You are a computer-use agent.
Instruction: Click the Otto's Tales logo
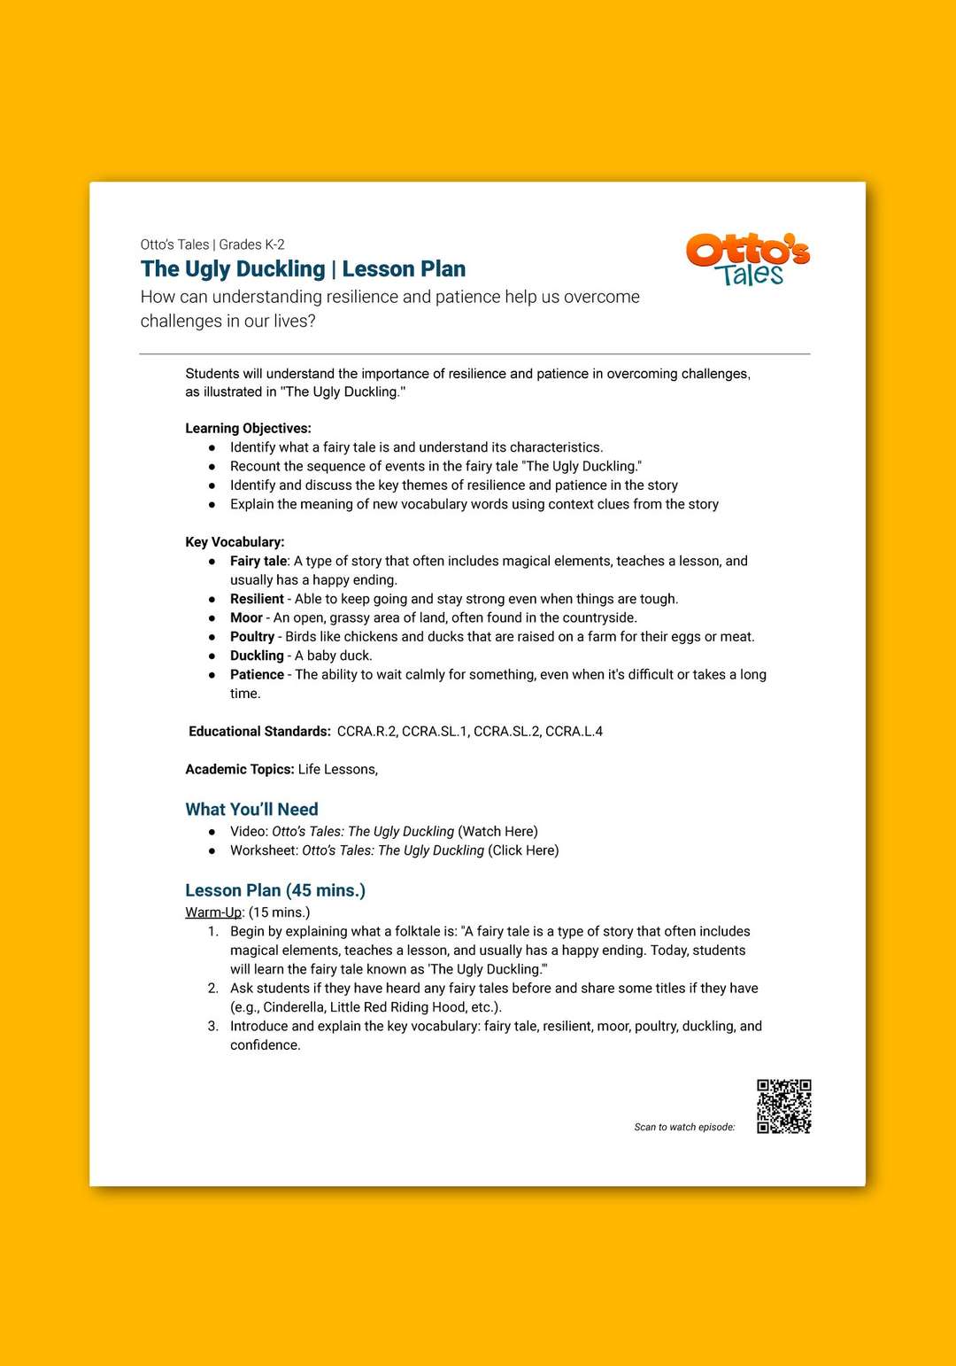click(x=748, y=260)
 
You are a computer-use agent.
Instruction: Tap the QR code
click(x=783, y=1106)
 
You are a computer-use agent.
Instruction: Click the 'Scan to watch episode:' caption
click(x=684, y=1127)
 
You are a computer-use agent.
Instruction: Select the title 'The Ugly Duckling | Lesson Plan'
click(x=303, y=268)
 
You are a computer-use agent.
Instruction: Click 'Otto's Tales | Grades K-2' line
click(x=212, y=244)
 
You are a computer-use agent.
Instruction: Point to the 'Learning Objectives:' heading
click(x=248, y=428)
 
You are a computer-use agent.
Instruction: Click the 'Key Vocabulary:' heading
click(x=235, y=541)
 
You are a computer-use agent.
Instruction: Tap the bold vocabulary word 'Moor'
click(x=246, y=617)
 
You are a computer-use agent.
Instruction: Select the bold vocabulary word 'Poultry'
click(x=252, y=636)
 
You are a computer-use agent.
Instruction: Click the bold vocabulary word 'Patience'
click(x=257, y=674)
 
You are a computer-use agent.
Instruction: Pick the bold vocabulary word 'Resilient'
click(x=257, y=599)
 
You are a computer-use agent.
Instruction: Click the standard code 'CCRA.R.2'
click(x=366, y=731)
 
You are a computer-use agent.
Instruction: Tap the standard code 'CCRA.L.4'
click(x=574, y=731)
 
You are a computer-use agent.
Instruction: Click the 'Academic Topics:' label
click(x=239, y=769)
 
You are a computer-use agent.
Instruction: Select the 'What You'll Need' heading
click(x=251, y=809)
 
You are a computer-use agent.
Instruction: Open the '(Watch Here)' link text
click(x=497, y=831)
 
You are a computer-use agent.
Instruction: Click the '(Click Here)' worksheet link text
click(x=523, y=850)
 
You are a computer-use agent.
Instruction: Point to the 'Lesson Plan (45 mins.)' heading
click(x=275, y=890)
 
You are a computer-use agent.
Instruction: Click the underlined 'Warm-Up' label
click(x=212, y=912)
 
